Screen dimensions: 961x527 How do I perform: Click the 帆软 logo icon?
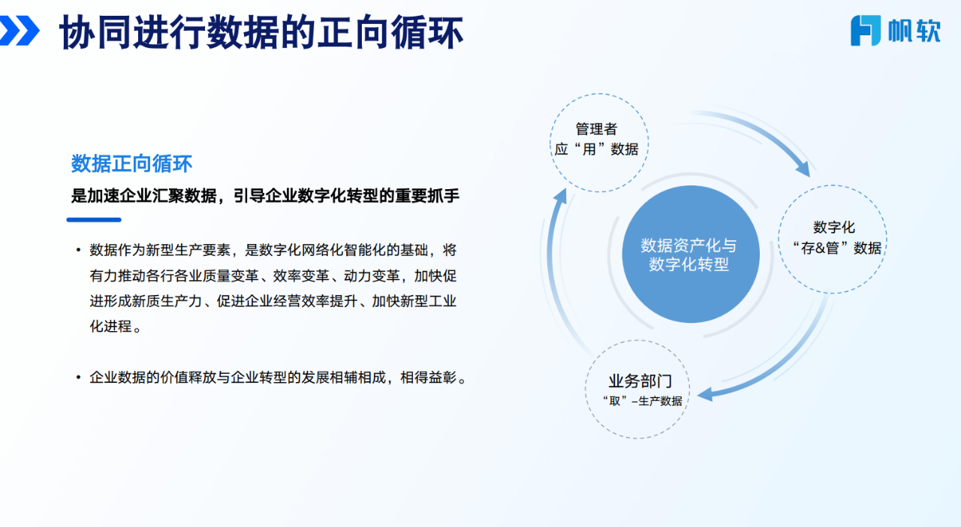pos(866,30)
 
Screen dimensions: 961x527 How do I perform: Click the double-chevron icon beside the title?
pos(20,30)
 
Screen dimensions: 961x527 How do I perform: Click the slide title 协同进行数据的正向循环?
pos(261,32)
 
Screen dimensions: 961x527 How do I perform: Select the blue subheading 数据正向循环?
pos(131,164)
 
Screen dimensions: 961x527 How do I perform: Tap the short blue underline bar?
pos(94,220)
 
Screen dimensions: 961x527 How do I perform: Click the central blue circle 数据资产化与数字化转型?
pos(691,254)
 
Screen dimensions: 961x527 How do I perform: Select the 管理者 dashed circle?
pos(599,94)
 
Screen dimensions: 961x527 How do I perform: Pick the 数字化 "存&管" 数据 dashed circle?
pos(833,185)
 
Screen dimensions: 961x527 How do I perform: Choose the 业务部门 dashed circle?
pos(637,341)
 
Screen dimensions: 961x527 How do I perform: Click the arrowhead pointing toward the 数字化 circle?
pos(803,169)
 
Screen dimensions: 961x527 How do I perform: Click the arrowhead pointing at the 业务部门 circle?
pos(706,394)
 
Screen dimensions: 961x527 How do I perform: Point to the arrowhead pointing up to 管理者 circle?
pos(560,196)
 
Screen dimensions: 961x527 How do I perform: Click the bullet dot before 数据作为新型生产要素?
pos(78,250)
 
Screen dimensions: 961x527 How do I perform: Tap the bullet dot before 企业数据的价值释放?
pos(78,378)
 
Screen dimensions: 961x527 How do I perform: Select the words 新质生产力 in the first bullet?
pos(167,301)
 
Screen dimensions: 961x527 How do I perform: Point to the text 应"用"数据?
pos(596,149)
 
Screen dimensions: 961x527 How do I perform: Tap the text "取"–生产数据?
pos(642,401)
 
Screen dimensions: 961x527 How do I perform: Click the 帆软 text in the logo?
pos(914,31)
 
